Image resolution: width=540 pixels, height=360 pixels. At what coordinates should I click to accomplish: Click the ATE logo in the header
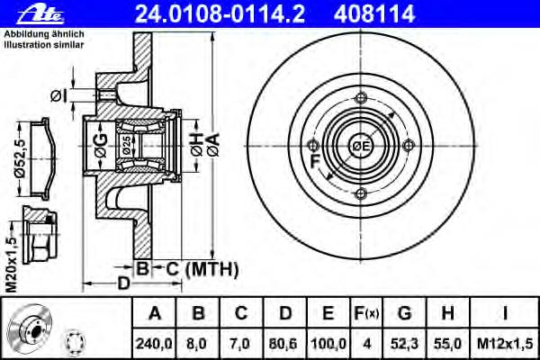(40, 14)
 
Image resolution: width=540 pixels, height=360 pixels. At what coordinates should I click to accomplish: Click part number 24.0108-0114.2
(220, 14)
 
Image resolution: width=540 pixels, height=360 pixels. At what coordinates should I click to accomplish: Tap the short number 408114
(374, 14)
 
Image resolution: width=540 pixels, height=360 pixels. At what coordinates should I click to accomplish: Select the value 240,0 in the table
(154, 344)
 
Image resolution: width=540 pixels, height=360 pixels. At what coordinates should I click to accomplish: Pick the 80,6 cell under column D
(284, 344)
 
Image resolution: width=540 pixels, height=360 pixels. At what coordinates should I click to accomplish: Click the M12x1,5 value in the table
(505, 344)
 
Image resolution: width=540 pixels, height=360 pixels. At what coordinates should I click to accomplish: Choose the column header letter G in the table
(404, 313)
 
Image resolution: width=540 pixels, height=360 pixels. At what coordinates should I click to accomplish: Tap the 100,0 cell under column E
(328, 344)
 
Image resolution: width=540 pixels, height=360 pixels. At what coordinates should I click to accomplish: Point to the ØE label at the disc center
(360, 147)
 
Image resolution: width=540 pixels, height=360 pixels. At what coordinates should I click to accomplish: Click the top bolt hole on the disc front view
(361, 98)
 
